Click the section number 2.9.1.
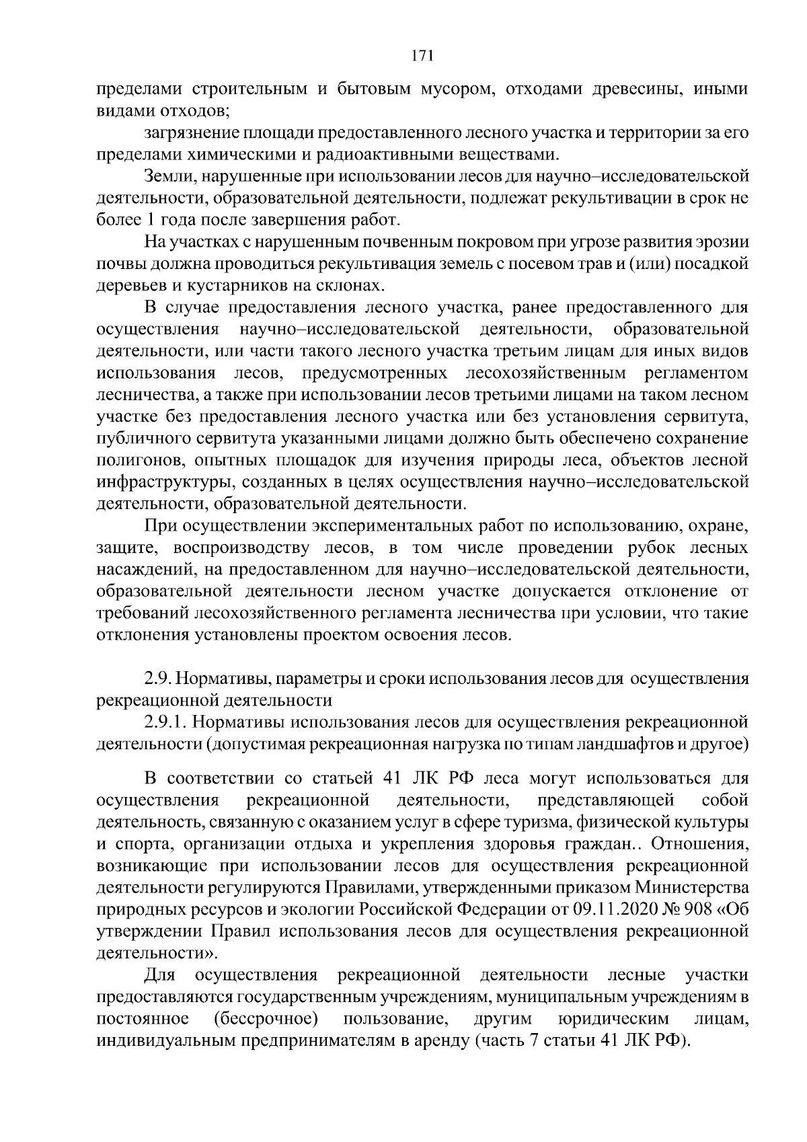164,722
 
